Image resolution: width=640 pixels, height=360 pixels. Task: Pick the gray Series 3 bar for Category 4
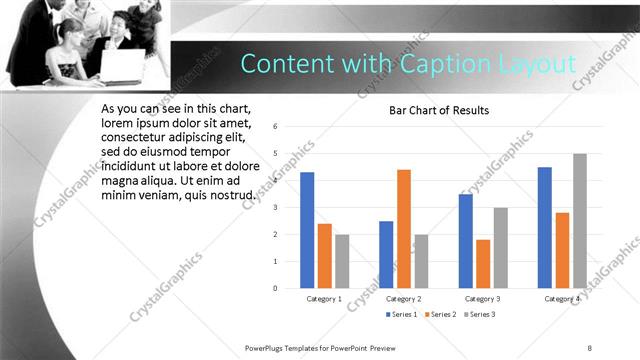click(580, 221)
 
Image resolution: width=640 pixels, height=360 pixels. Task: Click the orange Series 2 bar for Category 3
click(483, 264)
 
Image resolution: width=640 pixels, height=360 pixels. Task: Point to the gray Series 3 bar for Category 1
click(342, 261)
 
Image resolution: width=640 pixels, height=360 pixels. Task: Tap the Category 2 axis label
click(403, 299)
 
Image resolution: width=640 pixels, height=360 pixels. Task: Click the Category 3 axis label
click(483, 299)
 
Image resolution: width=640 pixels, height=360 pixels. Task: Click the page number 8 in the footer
click(589, 347)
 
